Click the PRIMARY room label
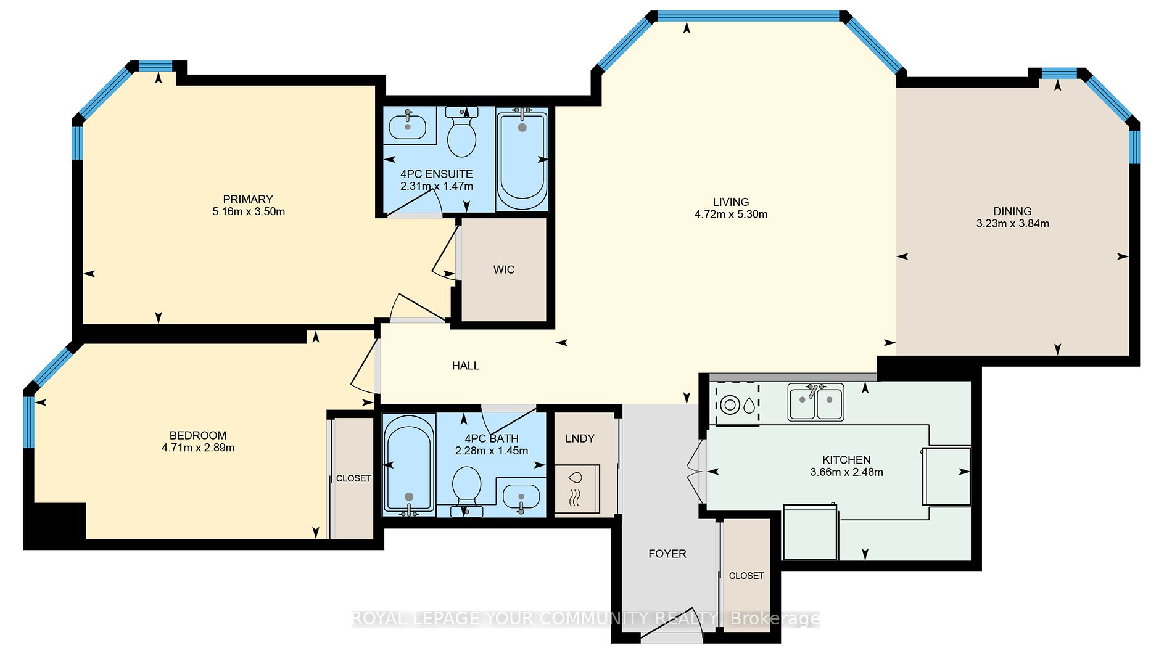pos(248,199)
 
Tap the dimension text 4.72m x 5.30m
pos(731,215)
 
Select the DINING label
pos(1012,211)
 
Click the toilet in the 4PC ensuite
pos(461,132)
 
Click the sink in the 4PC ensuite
pos(408,126)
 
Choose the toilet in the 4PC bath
pos(466,491)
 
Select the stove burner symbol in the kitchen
pos(731,405)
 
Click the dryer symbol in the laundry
pos(577,488)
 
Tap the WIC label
pos(504,269)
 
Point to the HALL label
pos(466,366)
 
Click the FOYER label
pos(667,554)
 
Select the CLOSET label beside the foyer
pos(746,576)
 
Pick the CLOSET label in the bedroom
pos(353,478)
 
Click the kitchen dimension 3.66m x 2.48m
pos(846,472)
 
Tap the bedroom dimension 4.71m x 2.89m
pos(198,448)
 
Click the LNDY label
pos(580,438)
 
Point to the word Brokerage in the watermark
pos(775,618)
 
